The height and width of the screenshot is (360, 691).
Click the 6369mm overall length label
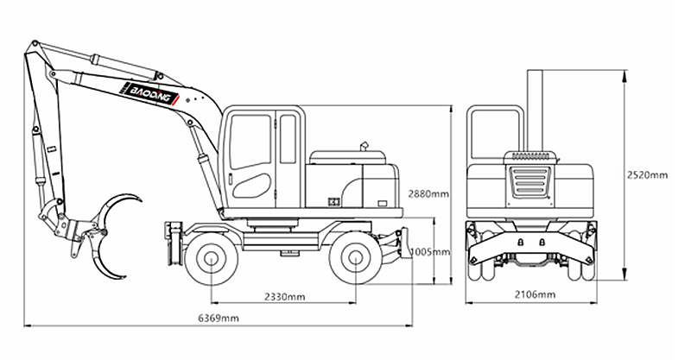[219, 318]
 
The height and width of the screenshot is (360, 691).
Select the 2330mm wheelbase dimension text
[285, 297]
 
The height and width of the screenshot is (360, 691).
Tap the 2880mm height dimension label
[428, 193]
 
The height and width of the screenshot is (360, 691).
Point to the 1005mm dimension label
[430, 252]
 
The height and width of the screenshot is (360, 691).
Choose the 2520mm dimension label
[647, 175]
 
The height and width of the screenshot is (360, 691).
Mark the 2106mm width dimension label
[535, 294]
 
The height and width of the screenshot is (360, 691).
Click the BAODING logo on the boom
[150, 94]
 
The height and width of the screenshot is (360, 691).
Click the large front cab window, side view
[250, 142]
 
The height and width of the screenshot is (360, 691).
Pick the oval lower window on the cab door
[251, 186]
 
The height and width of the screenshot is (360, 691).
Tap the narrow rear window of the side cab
[288, 139]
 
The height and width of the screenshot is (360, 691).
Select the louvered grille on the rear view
[529, 180]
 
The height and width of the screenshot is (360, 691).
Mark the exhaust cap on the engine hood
[365, 146]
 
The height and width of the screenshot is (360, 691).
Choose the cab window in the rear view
[493, 135]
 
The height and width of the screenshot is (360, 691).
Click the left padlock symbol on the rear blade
[521, 242]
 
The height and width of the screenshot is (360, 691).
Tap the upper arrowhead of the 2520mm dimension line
[624, 75]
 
